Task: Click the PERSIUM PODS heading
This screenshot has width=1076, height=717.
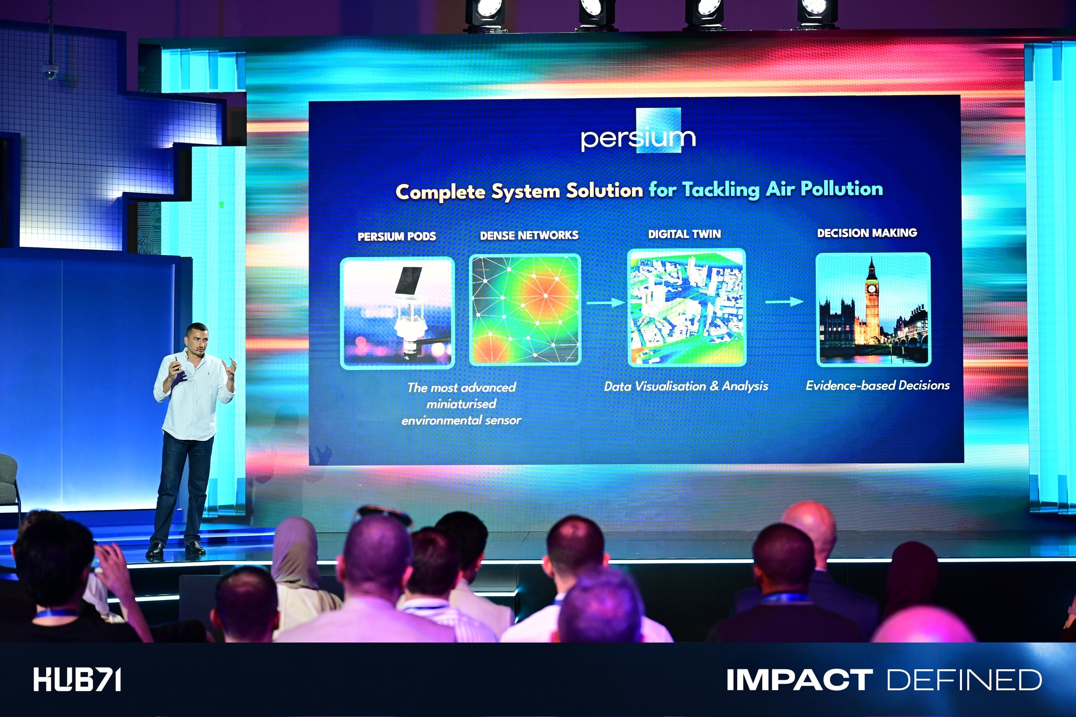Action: click(x=397, y=236)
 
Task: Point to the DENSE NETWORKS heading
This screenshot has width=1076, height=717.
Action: click(x=529, y=235)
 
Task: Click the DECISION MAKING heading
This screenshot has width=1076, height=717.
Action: click(x=867, y=233)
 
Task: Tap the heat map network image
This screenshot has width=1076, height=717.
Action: click(x=525, y=310)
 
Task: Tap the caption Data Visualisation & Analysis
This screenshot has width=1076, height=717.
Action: click(x=686, y=386)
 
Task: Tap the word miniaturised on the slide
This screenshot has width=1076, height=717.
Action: click(x=461, y=404)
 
